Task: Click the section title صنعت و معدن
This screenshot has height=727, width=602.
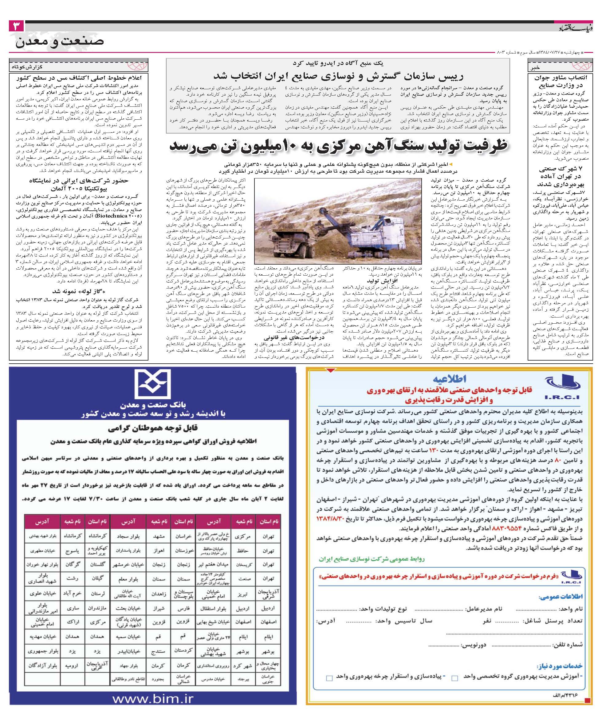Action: (x=60, y=42)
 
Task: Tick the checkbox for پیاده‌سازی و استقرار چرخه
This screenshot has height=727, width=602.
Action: (x=329, y=678)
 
